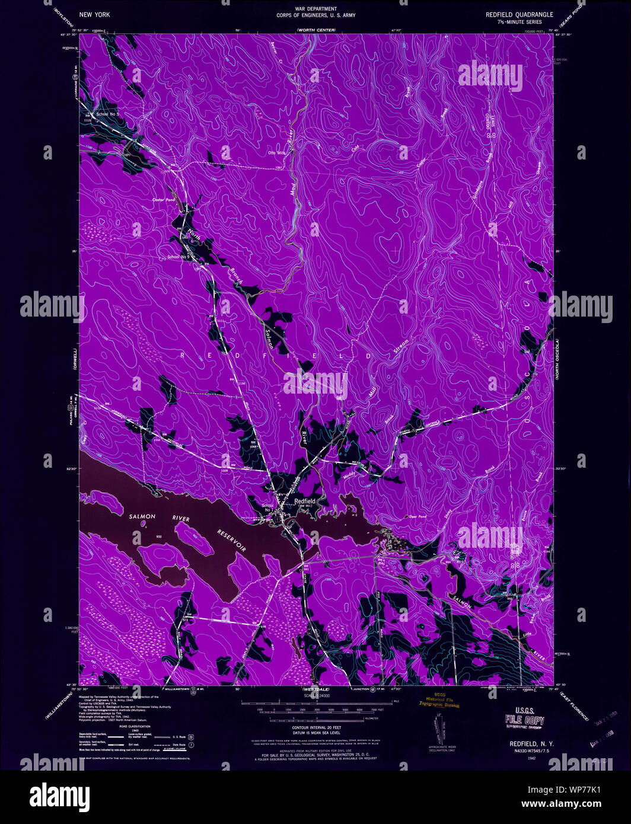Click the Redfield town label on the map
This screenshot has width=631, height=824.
coord(305,501)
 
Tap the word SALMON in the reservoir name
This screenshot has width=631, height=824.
coord(142,516)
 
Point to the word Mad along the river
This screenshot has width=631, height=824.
coord(292,189)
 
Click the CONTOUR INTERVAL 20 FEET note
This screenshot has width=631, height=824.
coord(314,727)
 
